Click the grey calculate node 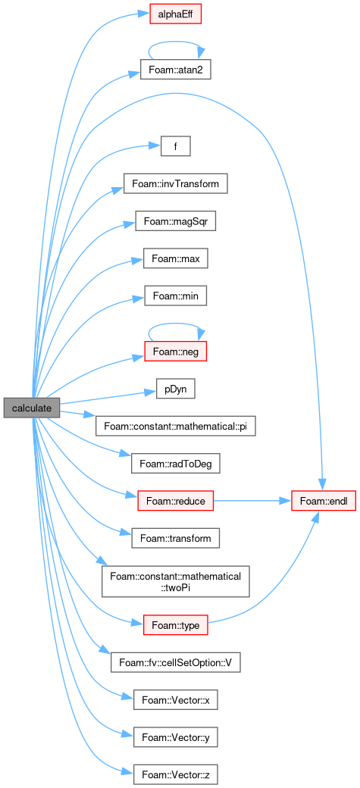(32, 408)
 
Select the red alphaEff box (176, 14)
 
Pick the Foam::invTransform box (176, 183)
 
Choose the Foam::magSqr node (176, 221)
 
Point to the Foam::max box (176, 259)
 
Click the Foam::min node (176, 296)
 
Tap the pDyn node (176, 389)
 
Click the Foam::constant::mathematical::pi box (176, 427)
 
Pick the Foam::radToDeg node (176, 464)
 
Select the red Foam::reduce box (176, 501)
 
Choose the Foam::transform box (176, 539)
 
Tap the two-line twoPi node (176, 582)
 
